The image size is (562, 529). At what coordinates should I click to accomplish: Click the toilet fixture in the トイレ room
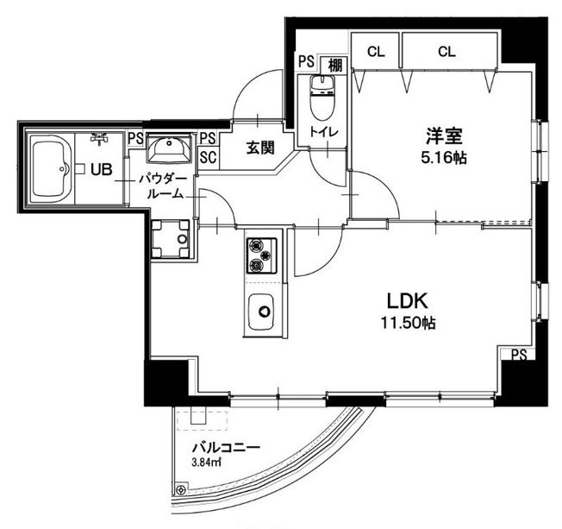(322, 97)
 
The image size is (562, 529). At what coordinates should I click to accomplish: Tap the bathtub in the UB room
(50, 168)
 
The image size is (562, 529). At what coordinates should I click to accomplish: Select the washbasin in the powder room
(168, 148)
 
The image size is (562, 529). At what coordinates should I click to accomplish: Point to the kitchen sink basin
(262, 312)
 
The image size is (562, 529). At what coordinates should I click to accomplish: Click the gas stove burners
(261, 255)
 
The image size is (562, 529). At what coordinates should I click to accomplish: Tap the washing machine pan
(171, 239)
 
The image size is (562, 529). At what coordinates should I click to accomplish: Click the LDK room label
(408, 301)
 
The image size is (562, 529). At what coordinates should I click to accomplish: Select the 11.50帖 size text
(408, 323)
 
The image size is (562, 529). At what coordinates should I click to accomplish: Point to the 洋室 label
(444, 135)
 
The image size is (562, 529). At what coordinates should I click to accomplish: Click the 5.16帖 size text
(444, 157)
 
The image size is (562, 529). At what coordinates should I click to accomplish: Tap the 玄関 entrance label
(260, 148)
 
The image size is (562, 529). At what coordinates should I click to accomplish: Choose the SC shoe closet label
(208, 157)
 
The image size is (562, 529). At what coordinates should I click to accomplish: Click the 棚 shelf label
(335, 66)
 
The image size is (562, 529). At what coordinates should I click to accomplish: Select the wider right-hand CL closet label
(446, 52)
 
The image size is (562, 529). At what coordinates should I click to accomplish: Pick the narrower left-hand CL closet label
(376, 52)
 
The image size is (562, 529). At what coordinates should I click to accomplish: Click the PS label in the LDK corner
(519, 355)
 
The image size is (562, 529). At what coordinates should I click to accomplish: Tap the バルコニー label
(226, 447)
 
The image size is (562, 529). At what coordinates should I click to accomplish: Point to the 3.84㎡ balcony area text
(206, 463)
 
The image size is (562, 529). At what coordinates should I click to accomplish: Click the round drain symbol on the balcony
(181, 489)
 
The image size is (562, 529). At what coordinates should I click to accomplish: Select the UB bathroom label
(102, 169)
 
